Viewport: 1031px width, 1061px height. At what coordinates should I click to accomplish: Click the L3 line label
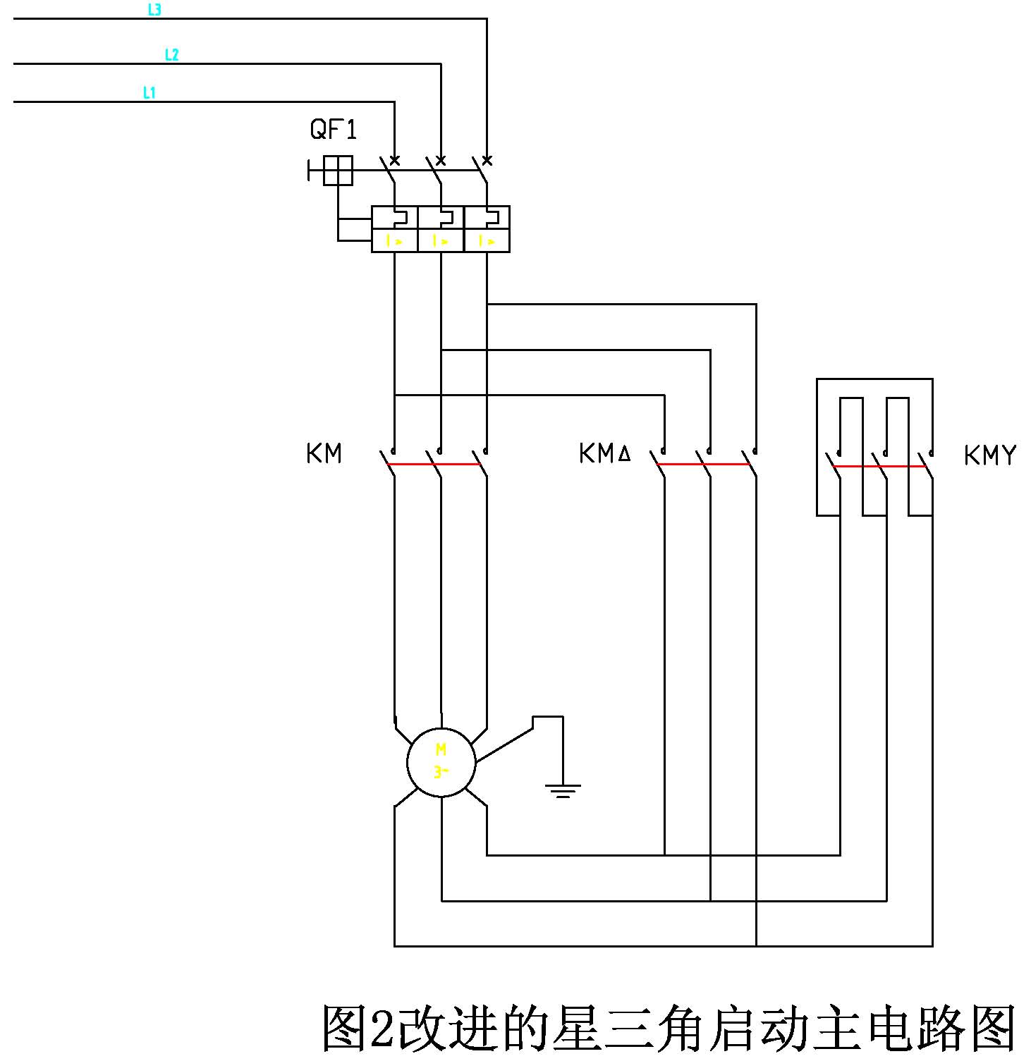pyautogui.click(x=154, y=10)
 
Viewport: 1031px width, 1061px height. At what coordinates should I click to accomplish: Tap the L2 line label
pyautogui.click(x=171, y=54)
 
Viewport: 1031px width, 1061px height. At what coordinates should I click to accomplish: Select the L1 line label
pyautogui.click(x=149, y=92)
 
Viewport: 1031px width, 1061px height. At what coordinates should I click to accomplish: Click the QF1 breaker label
pyautogui.click(x=334, y=129)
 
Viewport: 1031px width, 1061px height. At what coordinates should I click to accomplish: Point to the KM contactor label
pyautogui.click(x=324, y=453)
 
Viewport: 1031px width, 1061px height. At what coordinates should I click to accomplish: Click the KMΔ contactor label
pyautogui.click(x=604, y=453)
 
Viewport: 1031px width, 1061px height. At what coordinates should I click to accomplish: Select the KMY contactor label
pyautogui.click(x=989, y=455)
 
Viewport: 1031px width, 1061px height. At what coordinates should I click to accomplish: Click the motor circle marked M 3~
pyautogui.click(x=441, y=762)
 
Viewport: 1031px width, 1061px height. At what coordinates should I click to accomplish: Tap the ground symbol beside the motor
pyautogui.click(x=562, y=790)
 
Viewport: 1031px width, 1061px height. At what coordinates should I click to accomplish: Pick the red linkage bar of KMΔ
pyautogui.click(x=703, y=464)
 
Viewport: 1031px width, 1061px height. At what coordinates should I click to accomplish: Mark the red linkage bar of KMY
pyautogui.click(x=879, y=466)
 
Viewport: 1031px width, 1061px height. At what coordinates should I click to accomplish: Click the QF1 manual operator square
pyautogui.click(x=338, y=171)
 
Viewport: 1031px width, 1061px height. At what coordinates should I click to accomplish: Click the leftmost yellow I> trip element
pyautogui.click(x=394, y=241)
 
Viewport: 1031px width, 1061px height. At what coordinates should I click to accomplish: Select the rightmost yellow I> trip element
pyautogui.click(x=487, y=241)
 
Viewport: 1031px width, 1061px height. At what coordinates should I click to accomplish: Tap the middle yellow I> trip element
pyautogui.click(x=441, y=241)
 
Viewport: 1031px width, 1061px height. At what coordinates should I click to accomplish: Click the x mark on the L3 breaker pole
pyautogui.click(x=487, y=161)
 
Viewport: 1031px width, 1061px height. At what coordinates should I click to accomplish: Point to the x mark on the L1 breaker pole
pyautogui.click(x=395, y=161)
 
